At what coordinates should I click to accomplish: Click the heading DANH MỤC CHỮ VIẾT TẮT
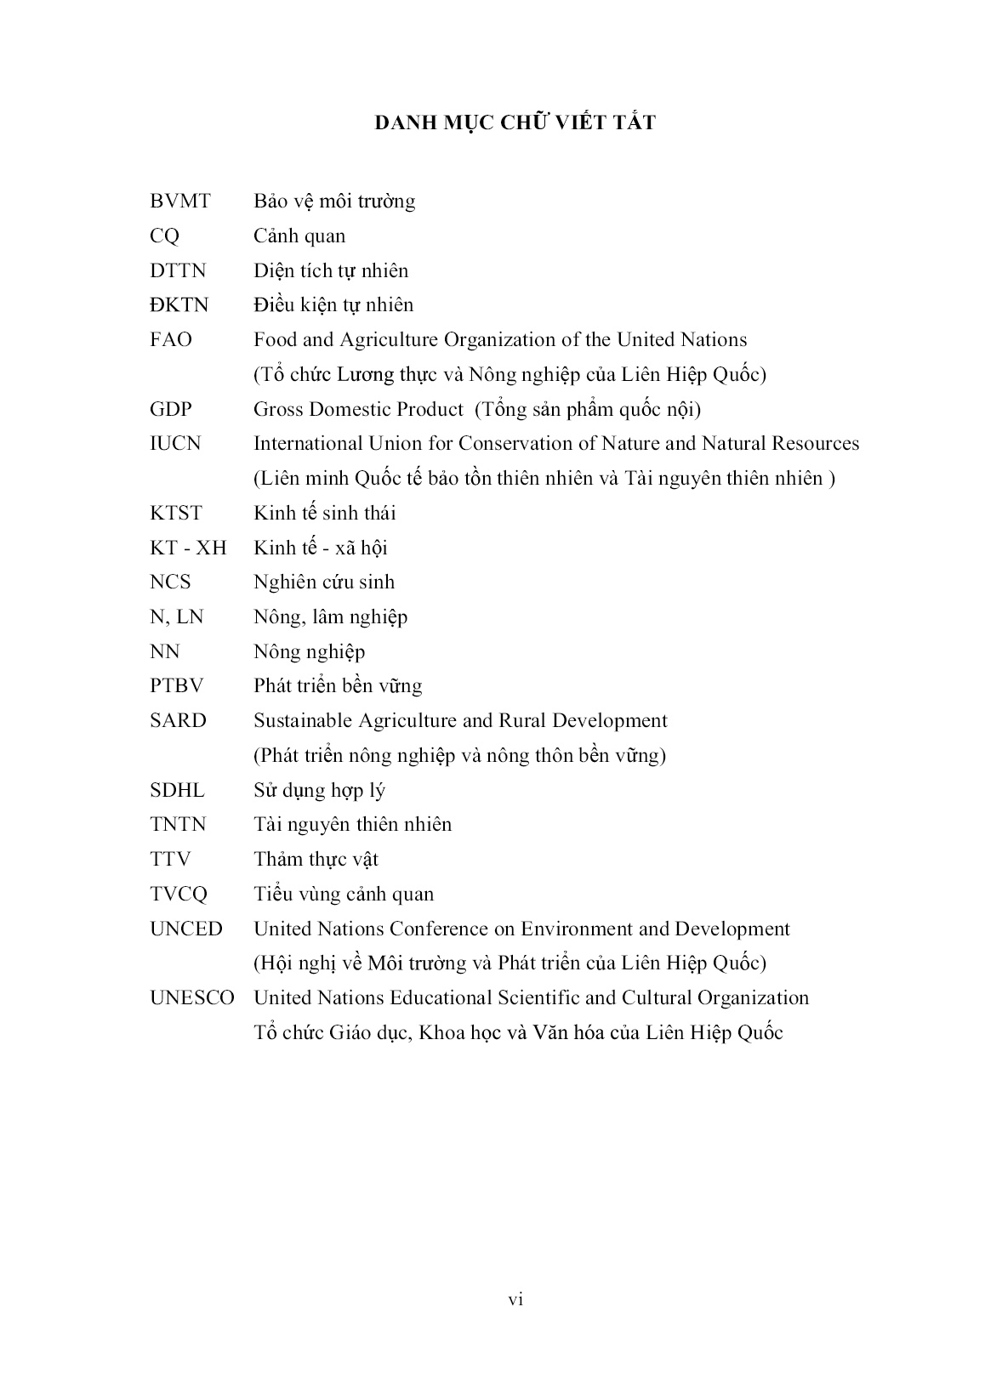click(x=515, y=123)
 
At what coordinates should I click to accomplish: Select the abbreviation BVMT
click(x=179, y=202)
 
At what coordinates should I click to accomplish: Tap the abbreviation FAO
click(x=171, y=340)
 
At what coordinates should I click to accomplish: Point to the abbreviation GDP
click(x=171, y=409)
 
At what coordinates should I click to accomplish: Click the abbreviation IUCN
click(x=175, y=444)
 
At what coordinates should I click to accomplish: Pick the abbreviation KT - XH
click(x=188, y=548)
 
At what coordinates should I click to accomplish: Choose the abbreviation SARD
click(x=178, y=721)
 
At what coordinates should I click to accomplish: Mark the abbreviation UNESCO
click(x=191, y=998)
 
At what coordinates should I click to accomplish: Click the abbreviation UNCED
click(x=185, y=929)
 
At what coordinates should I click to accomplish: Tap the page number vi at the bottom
click(x=515, y=1298)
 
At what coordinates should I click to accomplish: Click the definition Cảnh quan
click(x=299, y=236)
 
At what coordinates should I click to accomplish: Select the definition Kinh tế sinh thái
click(x=325, y=513)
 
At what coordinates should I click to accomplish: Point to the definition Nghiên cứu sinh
click(x=324, y=582)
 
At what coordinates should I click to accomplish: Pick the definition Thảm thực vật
click(x=316, y=860)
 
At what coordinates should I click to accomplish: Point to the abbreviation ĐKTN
click(x=179, y=305)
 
